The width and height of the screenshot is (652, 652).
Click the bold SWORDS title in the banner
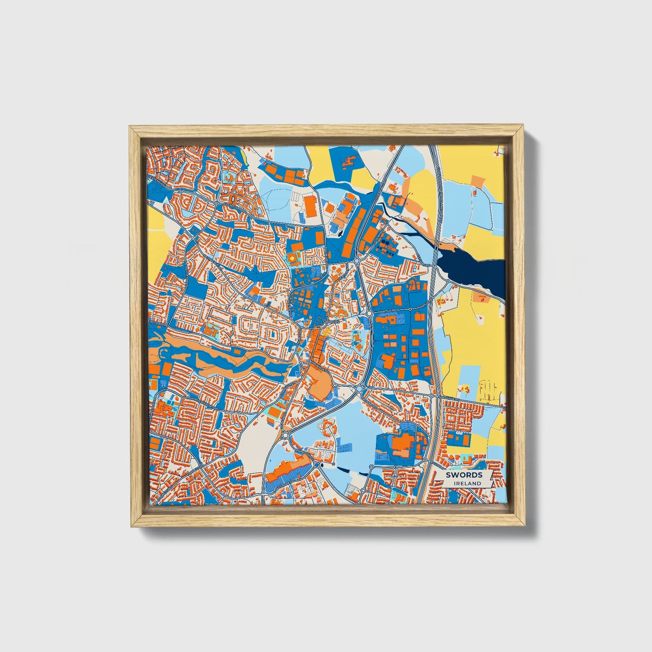point(463,475)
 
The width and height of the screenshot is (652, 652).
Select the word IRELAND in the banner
point(468,483)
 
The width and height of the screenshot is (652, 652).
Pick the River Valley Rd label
point(208,403)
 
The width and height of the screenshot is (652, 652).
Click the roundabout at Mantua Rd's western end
point(369,312)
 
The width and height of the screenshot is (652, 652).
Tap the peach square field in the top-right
point(477,181)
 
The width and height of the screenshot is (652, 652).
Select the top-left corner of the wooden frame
point(131,127)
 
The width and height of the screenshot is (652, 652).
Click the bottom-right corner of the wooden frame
point(525,526)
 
